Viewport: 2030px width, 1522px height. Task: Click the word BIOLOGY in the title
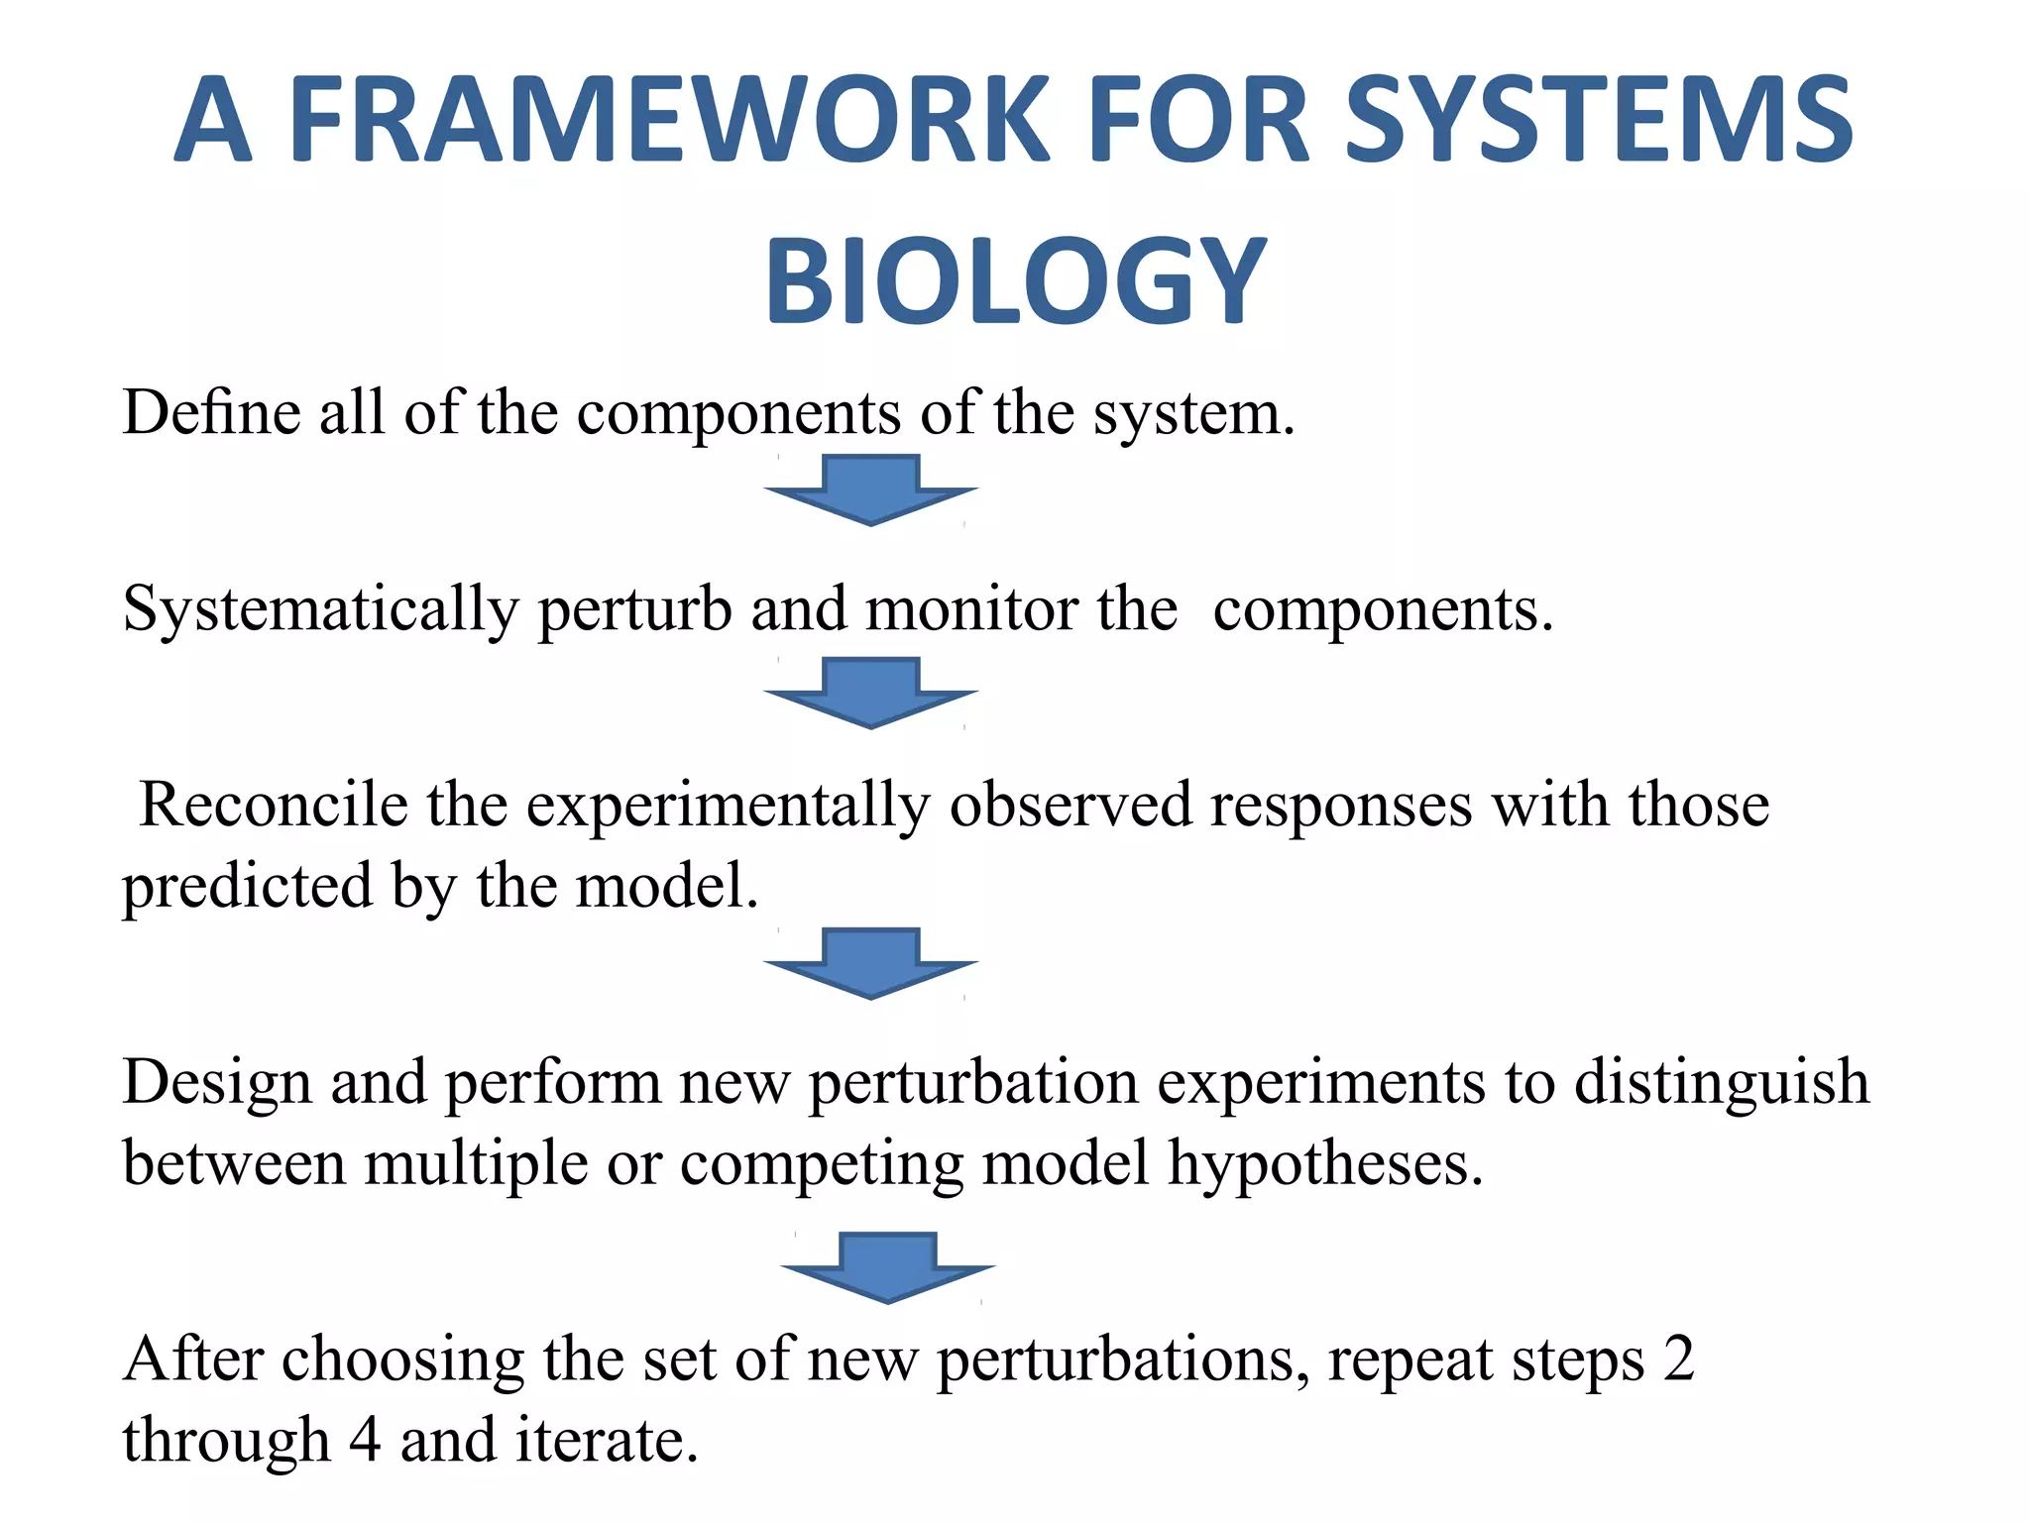1015,281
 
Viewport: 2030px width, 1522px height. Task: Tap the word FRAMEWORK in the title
668,120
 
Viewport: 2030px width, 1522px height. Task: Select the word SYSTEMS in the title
1598,120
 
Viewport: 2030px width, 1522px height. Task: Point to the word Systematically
320,610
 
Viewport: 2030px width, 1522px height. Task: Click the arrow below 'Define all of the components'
871,489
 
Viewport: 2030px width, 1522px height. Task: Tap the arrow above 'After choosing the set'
887,1267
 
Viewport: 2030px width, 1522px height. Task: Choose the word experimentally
728,806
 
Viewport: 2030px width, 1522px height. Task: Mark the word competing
822,1164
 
